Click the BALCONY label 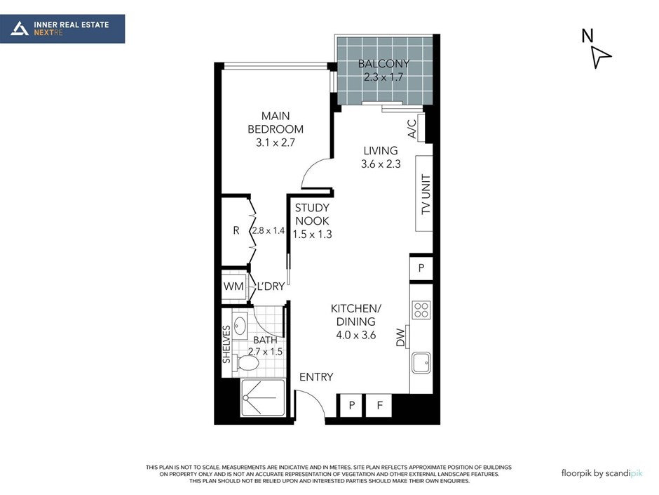[x=383, y=64]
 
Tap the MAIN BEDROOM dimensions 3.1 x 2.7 [x=276, y=143]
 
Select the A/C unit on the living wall [x=421, y=128]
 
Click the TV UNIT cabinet [x=423, y=193]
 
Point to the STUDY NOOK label [x=312, y=214]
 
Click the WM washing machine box [x=233, y=286]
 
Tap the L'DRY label [x=271, y=286]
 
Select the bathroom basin [x=240, y=325]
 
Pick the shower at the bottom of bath [x=263, y=397]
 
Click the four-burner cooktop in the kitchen [x=421, y=310]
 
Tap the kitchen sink [x=421, y=363]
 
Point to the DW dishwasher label [x=400, y=338]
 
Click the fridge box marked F [x=379, y=405]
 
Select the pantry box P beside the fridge [x=352, y=405]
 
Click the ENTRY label [x=316, y=377]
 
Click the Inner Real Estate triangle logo [x=20, y=29]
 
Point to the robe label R [x=236, y=231]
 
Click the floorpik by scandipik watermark [x=602, y=473]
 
